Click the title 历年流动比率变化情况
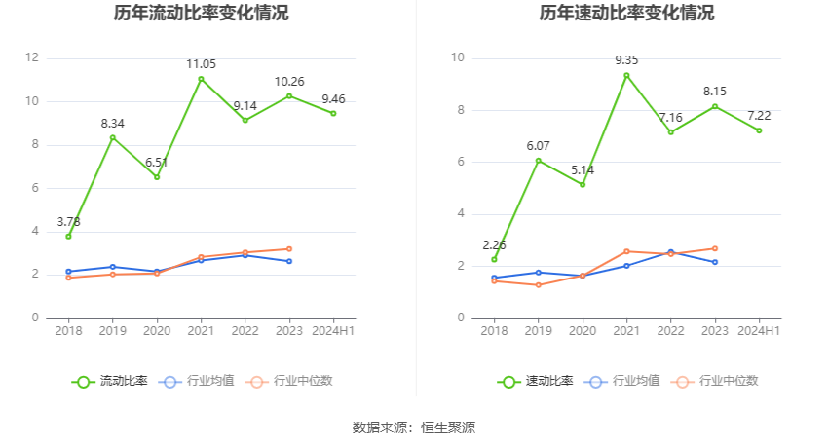coord(201,14)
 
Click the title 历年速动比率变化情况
coord(626,14)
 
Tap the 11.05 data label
coord(201,64)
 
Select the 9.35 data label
coord(626,60)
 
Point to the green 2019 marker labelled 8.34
coord(112,137)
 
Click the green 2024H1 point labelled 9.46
coord(333,113)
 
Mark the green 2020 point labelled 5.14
coord(583,184)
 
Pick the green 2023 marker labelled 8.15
coord(715,106)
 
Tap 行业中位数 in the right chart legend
coord(719,381)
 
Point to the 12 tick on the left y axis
coord(32,58)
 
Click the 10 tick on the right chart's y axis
coord(457,58)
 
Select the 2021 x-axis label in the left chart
coord(201,331)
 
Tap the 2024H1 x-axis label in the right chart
coord(759,331)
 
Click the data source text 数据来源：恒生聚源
coord(413,428)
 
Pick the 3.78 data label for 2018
coord(67,222)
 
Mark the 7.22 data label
coord(759,116)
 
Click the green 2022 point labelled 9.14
coord(245,120)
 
